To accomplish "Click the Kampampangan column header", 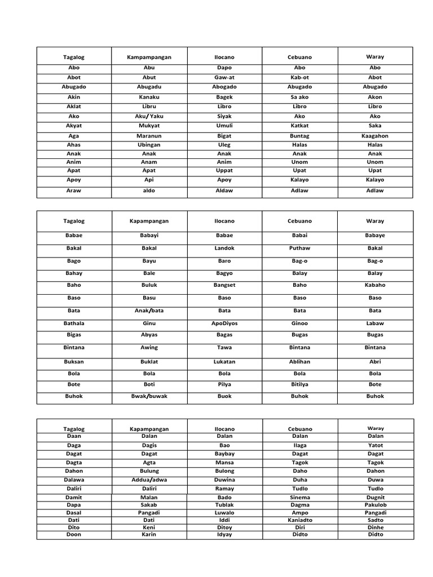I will (x=149, y=57).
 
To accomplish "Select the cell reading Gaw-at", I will (x=224, y=77).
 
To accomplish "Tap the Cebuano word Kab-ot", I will (x=299, y=77).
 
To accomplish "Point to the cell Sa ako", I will (x=299, y=97).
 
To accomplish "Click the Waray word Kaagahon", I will (x=375, y=136).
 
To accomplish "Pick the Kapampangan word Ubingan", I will (x=149, y=145).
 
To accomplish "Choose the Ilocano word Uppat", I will (x=224, y=170).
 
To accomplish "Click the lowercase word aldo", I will (x=149, y=190).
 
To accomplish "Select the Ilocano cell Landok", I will (x=224, y=248).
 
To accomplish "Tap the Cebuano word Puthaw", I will (x=299, y=248).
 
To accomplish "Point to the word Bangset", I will (x=224, y=285).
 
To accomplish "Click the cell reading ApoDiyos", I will (x=224, y=323).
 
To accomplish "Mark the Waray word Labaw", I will (x=375, y=323).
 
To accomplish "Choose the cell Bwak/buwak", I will (x=149, y=396).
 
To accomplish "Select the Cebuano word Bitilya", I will (x=299, y=384).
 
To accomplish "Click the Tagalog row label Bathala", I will (x=74, y=323).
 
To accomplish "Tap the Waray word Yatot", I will (x=375, y=445).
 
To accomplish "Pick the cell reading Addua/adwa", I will (x=149, y=480).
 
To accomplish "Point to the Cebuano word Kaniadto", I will (x=299, y=520).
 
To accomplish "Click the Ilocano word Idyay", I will (x=224, y=534).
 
